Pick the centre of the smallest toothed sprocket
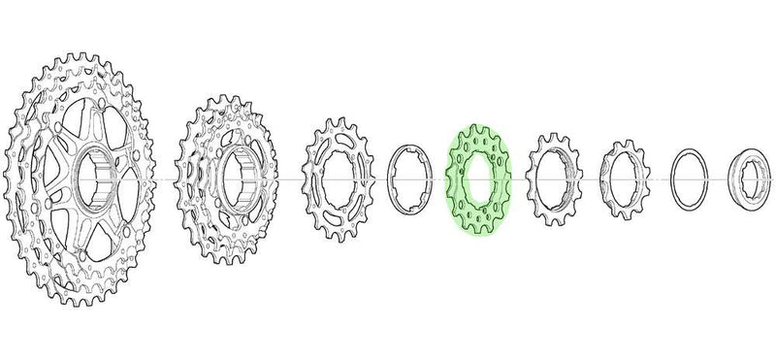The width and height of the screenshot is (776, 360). pyautogui.click(x=621, y=180)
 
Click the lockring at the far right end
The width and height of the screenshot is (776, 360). pyautogui.click(x=752, y=180)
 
